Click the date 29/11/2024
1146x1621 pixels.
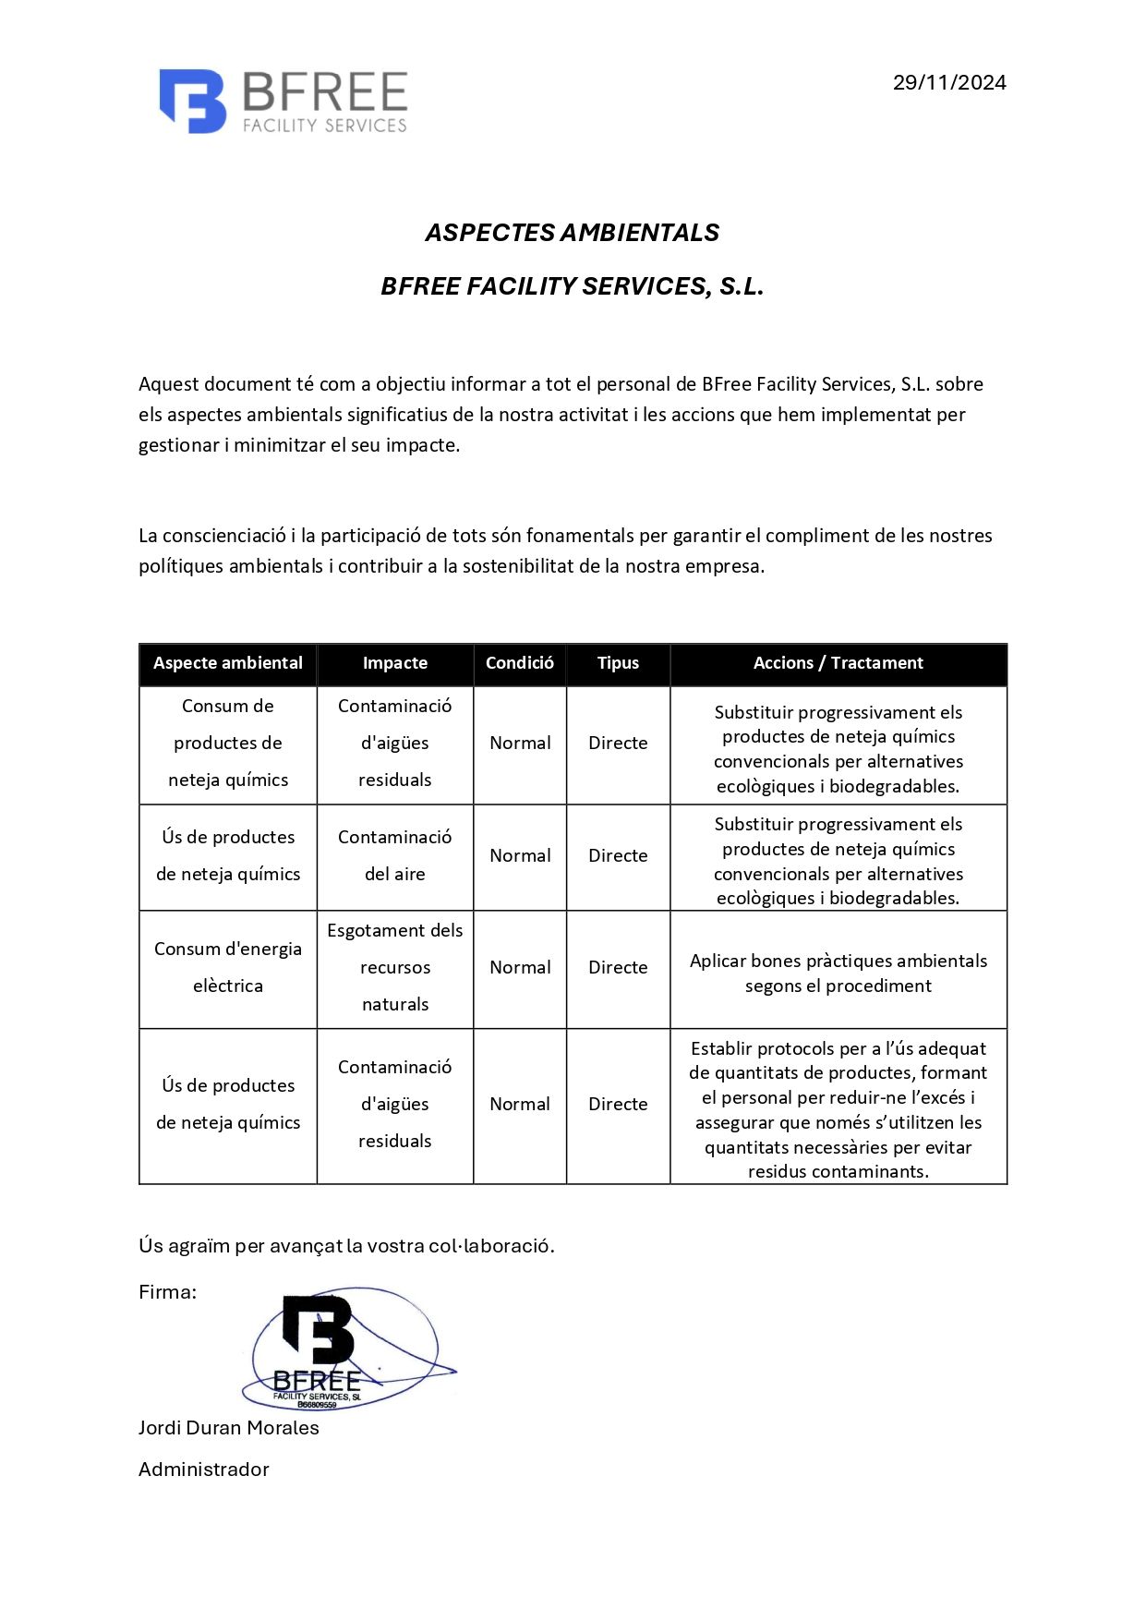(948, 83)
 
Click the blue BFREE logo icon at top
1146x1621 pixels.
(193, 101)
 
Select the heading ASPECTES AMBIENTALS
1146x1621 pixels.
(572, 233)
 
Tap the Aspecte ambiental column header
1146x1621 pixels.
(228, 663)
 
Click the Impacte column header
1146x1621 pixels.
(395, 663)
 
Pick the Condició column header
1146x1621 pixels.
(520, 663)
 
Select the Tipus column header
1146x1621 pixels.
(618, 663)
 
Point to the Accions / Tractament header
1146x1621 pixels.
(838, 663)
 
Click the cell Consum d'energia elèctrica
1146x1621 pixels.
(228, 967)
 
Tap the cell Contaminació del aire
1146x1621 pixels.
(395, 855)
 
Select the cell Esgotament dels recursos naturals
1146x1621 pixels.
(395, 967)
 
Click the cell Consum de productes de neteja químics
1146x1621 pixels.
(228, 743)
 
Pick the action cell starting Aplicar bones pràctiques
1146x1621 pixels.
(838, 973)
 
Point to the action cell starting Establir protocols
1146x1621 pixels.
(838, 1109)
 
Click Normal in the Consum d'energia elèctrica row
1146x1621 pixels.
(520, 967)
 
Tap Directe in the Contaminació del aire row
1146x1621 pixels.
(618, 855)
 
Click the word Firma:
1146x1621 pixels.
(167, 1292)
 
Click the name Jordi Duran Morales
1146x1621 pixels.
(229, 1428)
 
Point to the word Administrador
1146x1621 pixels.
(204, 1470)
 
